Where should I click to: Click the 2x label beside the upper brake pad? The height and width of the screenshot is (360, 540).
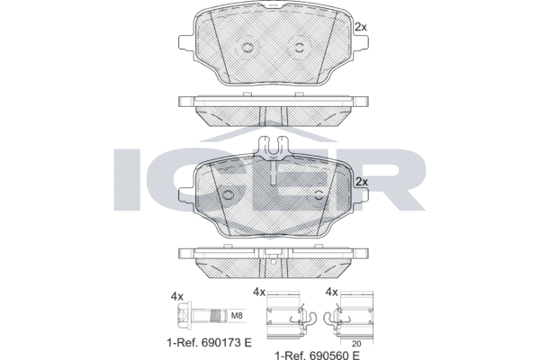pos(361,27)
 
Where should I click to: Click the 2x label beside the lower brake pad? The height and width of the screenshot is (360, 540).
pos(361,182)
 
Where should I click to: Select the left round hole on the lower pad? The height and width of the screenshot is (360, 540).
pos(227,195)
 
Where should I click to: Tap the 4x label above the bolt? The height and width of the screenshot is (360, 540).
pos(177,293)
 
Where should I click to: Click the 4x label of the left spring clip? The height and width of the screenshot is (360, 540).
pos(259,292)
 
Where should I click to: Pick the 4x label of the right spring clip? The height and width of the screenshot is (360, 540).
pos(331,292)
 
